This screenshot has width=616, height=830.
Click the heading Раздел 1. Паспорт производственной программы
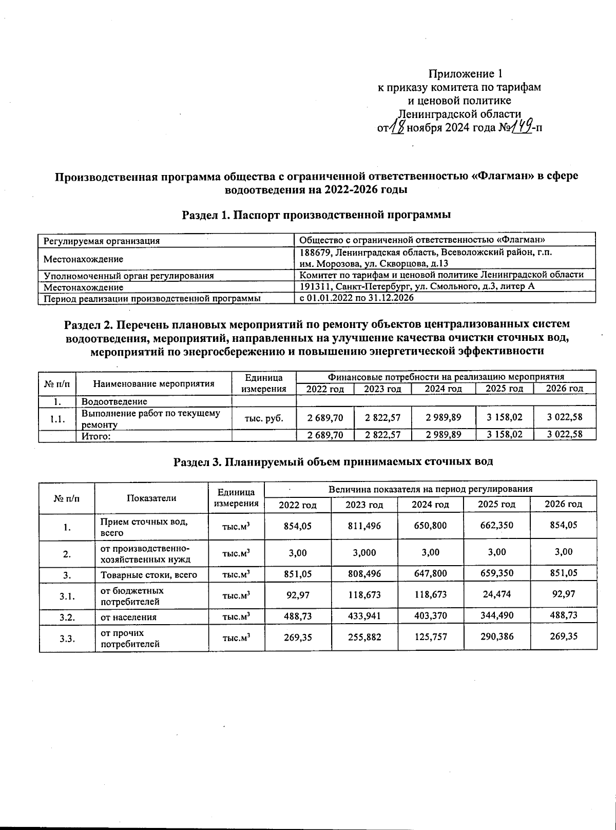click(x=317, y=215)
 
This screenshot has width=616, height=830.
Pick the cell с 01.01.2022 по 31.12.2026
click(x=356, y=298)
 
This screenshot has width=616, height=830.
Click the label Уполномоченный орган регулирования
click(x=128, y=276)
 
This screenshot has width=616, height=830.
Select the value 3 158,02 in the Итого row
click(x=505, y=435)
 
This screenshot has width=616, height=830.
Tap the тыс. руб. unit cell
click(x=264, y=418)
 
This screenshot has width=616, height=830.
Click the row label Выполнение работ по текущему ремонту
click(x=151, y=418)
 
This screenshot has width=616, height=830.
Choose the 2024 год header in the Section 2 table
click(x=443, y=389)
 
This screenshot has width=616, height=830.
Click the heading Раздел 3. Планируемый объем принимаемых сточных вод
click(x=333, y=461)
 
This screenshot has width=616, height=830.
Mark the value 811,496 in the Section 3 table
click(x=364, y=526)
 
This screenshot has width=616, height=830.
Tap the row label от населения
click(x=128, y=617)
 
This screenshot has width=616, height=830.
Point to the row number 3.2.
click(x=67, y=617)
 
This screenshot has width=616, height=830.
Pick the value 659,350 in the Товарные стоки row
click(x=496, y=574)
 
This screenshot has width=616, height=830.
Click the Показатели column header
click(x=151, y=497)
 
